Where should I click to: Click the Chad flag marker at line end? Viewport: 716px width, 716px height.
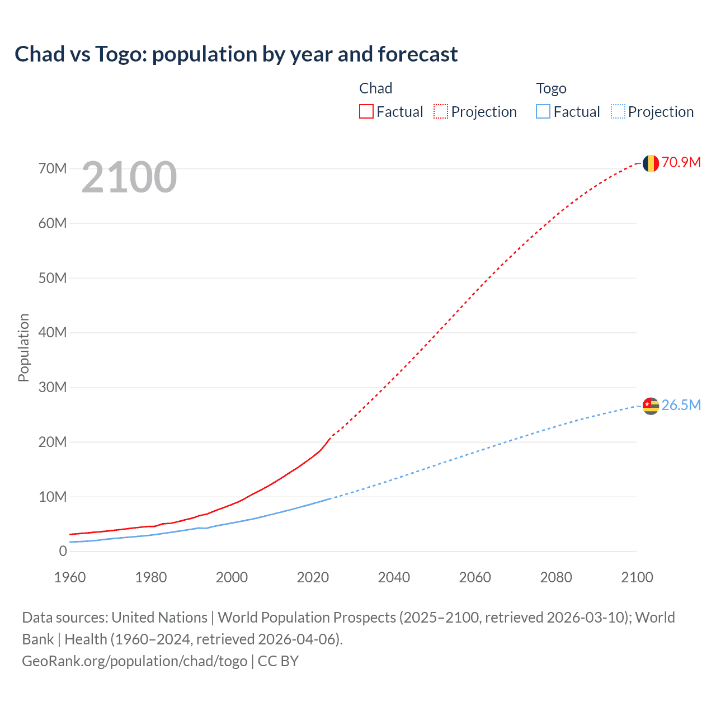(x=651, y=163)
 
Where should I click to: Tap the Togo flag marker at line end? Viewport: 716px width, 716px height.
(x=651, y=406)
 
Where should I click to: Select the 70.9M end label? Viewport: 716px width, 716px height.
(x=681, y=162)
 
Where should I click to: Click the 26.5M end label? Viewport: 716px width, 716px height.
(x=681, y=405)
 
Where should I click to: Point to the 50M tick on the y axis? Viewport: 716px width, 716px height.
(x=53, y=278)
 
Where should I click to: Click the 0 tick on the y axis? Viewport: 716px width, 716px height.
(x=63, y=551)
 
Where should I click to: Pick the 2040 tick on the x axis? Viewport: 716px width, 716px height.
(x=394, y=577)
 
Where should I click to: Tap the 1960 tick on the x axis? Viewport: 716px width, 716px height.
(x=70, y=577)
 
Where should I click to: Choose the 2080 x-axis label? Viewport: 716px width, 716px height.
(x=556, y=577)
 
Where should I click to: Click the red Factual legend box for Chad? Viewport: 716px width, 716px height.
(x=366, y=111)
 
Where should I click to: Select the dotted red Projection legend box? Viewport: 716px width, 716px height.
(x=441, y=111)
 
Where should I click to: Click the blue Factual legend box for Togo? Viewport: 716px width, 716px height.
(x=543, y=111)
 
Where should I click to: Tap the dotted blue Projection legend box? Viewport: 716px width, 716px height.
(x=618, y=111)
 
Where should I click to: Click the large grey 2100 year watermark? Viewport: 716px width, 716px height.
(x=129, y=177)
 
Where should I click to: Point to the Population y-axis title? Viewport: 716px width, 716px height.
(x=23, y=347)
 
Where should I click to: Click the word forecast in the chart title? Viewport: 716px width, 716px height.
(x=417, y=54)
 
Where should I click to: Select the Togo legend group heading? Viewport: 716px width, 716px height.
(x=551, y=88)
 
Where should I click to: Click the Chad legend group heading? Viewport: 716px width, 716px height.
(x=375, y=88)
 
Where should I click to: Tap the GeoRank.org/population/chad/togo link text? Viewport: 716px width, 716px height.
(x=135, y=661)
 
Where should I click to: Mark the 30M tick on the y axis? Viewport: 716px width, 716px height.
(x=53, y=387)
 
